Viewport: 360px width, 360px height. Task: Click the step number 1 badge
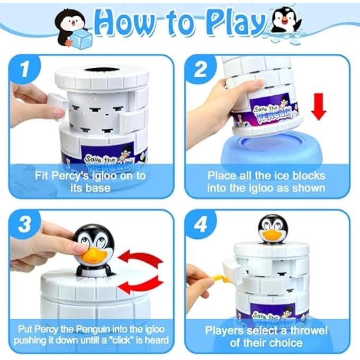[24, 69]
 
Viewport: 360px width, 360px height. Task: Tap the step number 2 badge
[201, 69]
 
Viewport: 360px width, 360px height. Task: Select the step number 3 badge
[24, 224]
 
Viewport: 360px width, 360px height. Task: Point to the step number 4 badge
[201, 224]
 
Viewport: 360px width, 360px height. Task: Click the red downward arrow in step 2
[319, 106]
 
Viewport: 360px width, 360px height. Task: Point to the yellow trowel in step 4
[217, 277]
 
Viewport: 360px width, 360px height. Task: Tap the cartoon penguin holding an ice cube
[73, 29]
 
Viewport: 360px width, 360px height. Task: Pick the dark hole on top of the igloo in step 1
[101, 70]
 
